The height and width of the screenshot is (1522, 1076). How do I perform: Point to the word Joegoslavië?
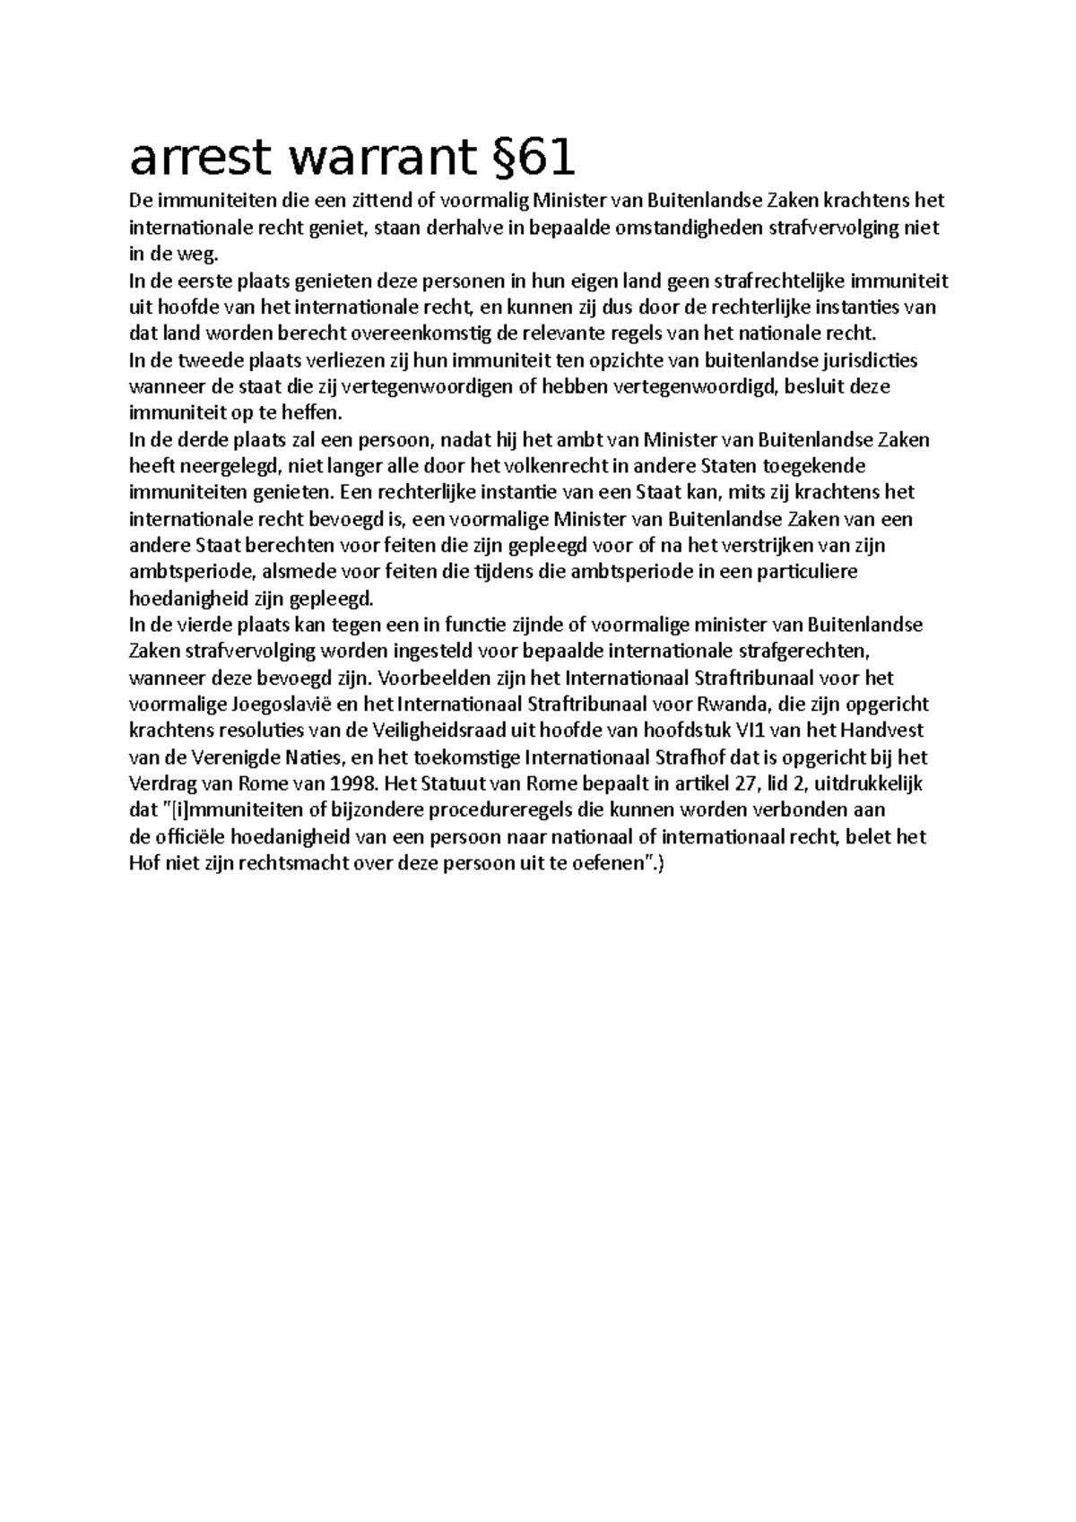[x=265, y=705]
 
